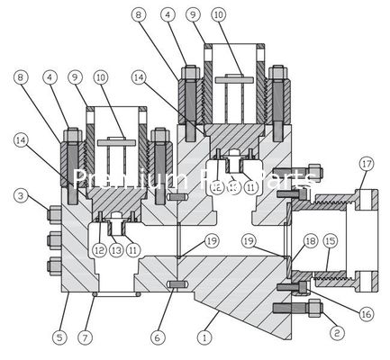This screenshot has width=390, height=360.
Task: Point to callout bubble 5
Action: click(x=59, y=337)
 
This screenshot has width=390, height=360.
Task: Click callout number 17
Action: click(x=365, y=164)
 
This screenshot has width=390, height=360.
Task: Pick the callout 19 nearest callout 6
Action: click(x=211, y=240)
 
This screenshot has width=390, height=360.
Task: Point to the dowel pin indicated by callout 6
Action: click(x=177, y=286)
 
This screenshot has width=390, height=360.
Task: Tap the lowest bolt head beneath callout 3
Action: click(x=52, y=268)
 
